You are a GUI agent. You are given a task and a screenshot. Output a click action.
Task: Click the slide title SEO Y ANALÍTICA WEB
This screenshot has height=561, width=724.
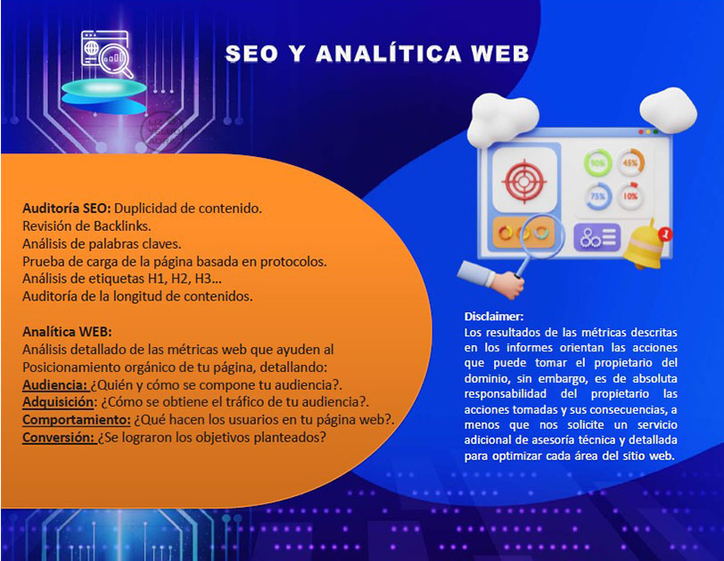point(377,54)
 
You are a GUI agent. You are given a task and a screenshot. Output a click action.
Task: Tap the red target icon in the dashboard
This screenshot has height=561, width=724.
point(524,181)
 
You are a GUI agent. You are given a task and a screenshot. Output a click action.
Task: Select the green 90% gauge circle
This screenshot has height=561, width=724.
point(598,163)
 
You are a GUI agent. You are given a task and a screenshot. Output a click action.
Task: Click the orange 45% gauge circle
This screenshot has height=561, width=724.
point(630,162)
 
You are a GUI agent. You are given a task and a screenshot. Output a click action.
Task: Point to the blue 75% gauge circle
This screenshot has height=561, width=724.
point(598,197)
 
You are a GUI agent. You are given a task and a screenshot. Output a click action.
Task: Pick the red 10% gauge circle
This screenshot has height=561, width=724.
point(630,196)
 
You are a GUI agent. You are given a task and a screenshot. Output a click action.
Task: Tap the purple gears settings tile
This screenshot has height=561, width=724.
point(597,238)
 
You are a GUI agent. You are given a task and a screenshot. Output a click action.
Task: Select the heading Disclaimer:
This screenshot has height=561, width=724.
point(494,317)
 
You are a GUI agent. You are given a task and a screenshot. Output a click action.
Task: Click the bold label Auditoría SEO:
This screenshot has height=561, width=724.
point(67,208)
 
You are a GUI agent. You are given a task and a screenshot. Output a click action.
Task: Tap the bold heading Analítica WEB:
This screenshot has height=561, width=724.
point(67,332)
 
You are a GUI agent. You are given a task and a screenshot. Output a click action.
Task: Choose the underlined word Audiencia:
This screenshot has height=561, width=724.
point(55,384)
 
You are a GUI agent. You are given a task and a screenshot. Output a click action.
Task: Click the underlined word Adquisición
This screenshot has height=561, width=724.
point(58,402)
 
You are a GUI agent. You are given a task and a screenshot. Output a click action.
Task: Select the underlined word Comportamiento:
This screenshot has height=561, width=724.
point(77,420)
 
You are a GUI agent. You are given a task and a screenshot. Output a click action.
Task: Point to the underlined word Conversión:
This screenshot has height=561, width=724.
point(58,437)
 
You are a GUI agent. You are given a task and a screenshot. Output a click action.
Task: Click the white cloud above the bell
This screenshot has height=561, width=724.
point(668,111)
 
